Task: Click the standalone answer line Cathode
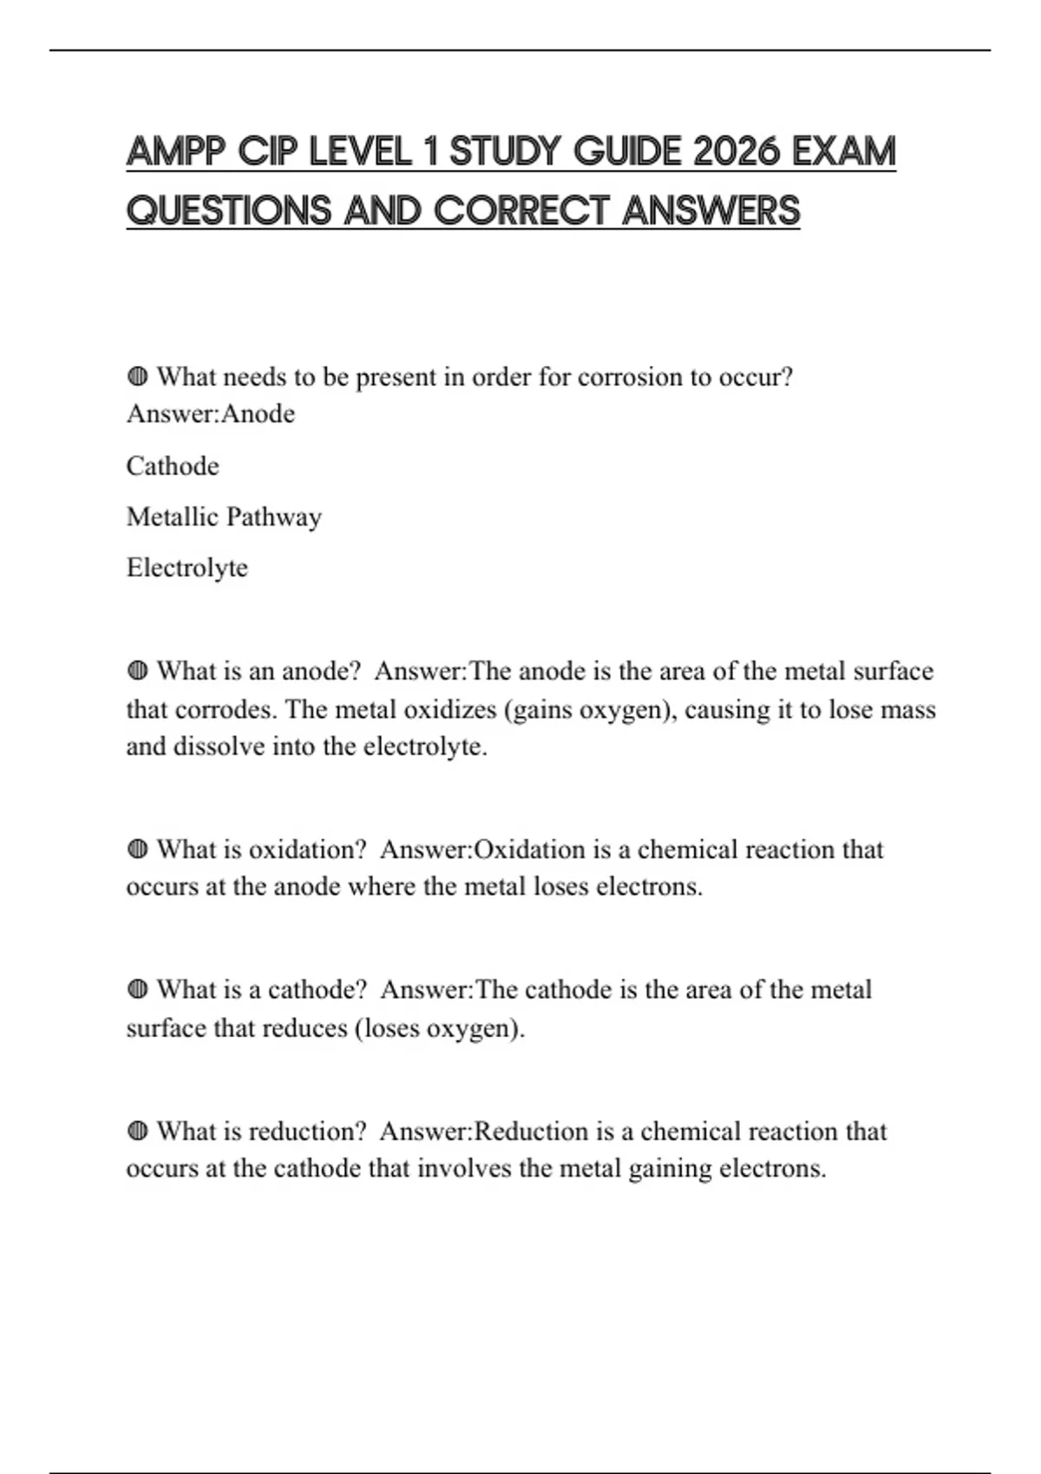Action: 173,466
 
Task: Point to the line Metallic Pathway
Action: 224,517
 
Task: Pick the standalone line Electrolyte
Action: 187,568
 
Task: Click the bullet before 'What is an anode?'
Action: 137,671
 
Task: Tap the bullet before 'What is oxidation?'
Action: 137,850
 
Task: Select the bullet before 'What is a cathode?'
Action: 137,990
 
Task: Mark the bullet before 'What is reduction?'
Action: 137,1132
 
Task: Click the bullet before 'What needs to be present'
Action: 137,377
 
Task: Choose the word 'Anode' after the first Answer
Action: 259,414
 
